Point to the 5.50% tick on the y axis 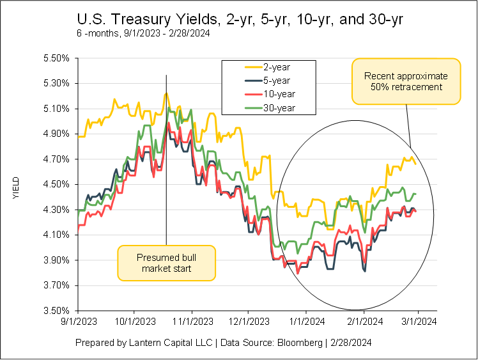point(55,58)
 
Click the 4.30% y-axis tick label point(55,210)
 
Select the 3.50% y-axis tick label point(55,311)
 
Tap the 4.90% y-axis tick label point(55,134)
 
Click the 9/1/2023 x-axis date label point(78,322)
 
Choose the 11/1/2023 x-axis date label point(192,322)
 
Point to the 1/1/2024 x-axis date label point(306,322)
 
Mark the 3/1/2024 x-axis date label point(419,322)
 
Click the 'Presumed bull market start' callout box point(167,263)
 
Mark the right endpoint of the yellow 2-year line point(416,164)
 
